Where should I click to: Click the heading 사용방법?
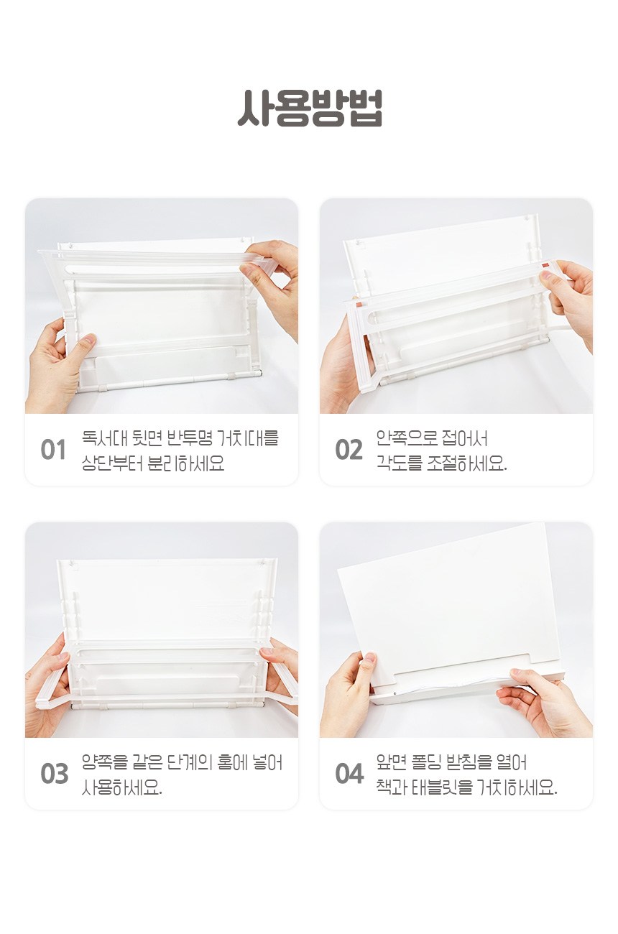[310, 108]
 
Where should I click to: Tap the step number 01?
[53, 450]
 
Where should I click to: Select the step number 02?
[349, 450]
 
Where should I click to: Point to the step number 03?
[54, 774]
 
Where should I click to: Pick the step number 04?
[349, 774]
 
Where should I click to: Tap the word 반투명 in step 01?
[190, 438]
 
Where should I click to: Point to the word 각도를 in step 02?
[399, 463]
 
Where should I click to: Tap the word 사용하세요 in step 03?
[121, 787]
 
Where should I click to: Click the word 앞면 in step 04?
[391, 762]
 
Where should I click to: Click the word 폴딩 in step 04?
[425, 762]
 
